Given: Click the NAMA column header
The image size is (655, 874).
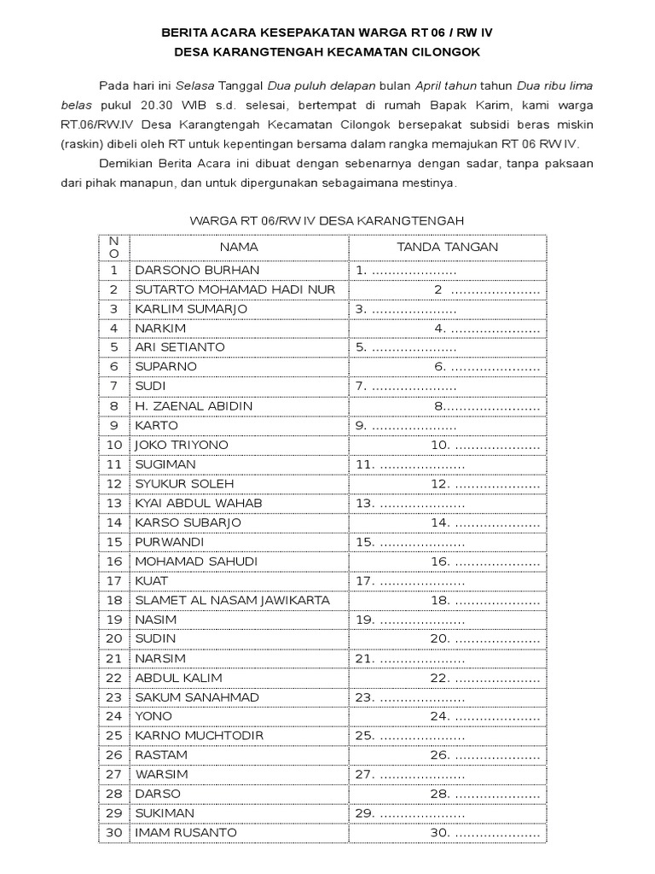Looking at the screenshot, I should coord(239,247).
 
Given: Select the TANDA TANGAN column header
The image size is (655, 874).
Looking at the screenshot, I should coord(448,247).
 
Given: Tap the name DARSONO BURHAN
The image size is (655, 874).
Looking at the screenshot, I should coord(184,271).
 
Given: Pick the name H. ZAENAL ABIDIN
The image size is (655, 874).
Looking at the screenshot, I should coord(194,406).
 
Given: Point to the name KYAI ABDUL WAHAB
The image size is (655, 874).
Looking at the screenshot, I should coord(199,504).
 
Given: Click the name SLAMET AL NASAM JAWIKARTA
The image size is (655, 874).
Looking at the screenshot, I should coord(232,600).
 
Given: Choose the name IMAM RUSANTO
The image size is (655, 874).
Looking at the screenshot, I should coord(186,833).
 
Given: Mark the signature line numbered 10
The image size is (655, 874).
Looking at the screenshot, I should coord(485,445).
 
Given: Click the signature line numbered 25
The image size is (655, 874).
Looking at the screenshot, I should coord(410,736).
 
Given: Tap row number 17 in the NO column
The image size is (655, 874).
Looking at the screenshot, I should coord(114,580).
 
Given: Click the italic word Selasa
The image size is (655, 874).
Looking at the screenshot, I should coord(194,86).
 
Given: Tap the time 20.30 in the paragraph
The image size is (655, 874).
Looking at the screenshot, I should coord(168,105).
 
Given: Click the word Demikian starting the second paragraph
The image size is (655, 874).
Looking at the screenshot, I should coord(126,162).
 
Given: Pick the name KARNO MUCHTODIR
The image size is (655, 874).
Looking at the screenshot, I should coord(199,736).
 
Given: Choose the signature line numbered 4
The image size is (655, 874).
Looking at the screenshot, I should coord(487,329).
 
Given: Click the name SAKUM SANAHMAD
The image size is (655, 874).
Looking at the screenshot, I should coord(196,697).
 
